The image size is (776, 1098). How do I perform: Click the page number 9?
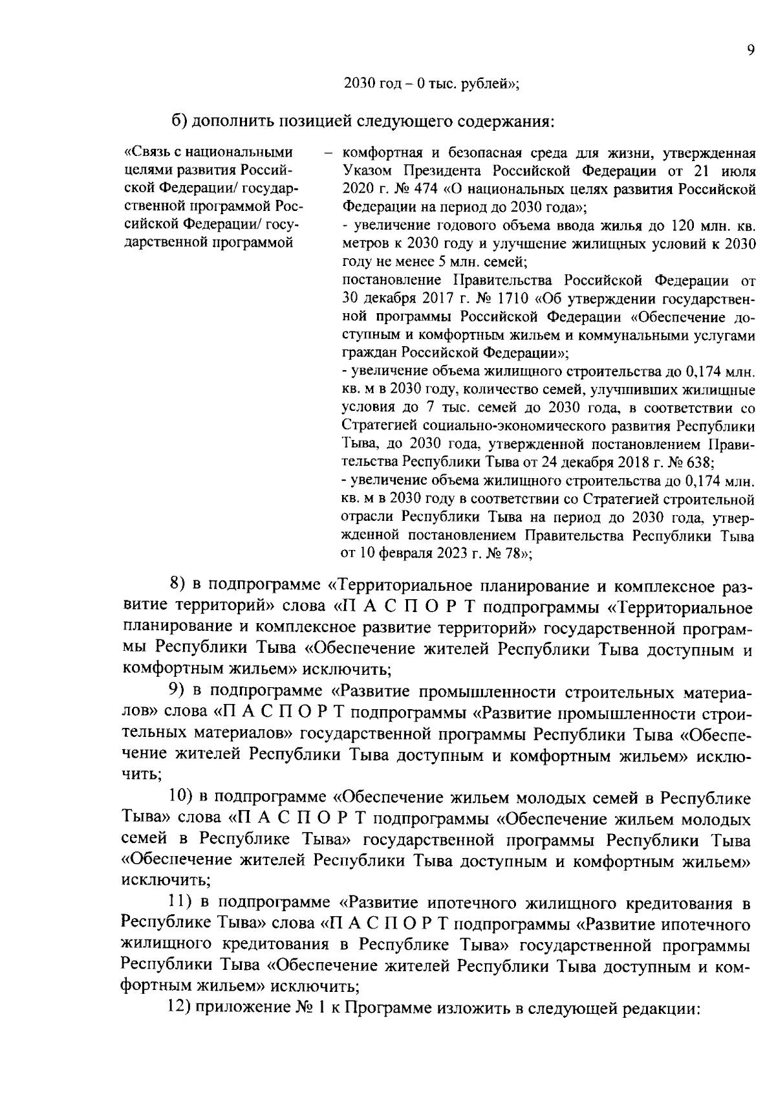point(750,51)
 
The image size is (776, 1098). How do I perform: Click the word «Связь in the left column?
point(146,153)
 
